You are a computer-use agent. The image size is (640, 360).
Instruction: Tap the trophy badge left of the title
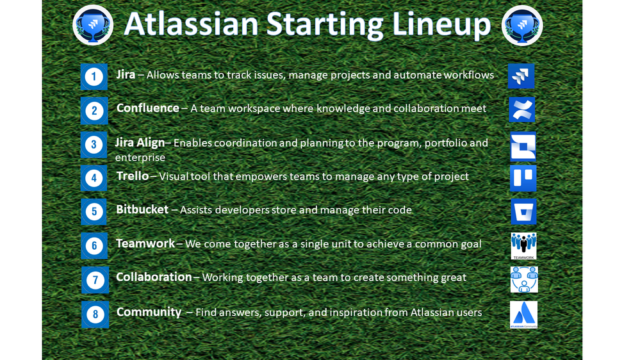[x=93, y=26]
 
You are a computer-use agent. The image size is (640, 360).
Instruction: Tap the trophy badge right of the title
[x=521, y=26]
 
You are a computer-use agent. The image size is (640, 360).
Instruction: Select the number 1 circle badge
[x=94, y=77]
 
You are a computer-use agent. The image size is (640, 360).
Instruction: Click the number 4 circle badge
[x=94, y=178]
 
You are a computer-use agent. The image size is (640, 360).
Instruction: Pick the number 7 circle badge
[x=95, y=280]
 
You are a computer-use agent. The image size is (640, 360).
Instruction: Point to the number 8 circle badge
[x=95, y=314]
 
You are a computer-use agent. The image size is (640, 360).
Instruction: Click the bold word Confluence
[x=147, y=108]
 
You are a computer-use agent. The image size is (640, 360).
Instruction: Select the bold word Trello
[x=132, y=176]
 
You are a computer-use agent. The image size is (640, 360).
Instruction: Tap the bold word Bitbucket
[x=142, y=209]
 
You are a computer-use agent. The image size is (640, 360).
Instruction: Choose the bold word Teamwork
[x=145, y=243]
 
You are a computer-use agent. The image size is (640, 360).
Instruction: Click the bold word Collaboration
[x=154, y=277]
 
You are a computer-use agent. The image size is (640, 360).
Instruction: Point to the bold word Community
[x=149, y=312]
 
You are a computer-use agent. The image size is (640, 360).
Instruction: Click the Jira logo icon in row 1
[x=521, y=76]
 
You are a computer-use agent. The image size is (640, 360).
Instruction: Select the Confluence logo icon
[x=522, y=110]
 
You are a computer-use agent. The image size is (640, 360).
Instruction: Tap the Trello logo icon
[x=523, y=178]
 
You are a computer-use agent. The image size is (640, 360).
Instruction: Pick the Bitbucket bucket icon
[x=523, y=211]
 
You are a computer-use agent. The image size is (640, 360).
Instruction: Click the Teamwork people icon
[x=523, y=246]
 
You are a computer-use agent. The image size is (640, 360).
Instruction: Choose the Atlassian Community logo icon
[x=523, y=315]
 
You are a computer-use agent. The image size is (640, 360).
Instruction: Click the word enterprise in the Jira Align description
[x=140, y=158]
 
